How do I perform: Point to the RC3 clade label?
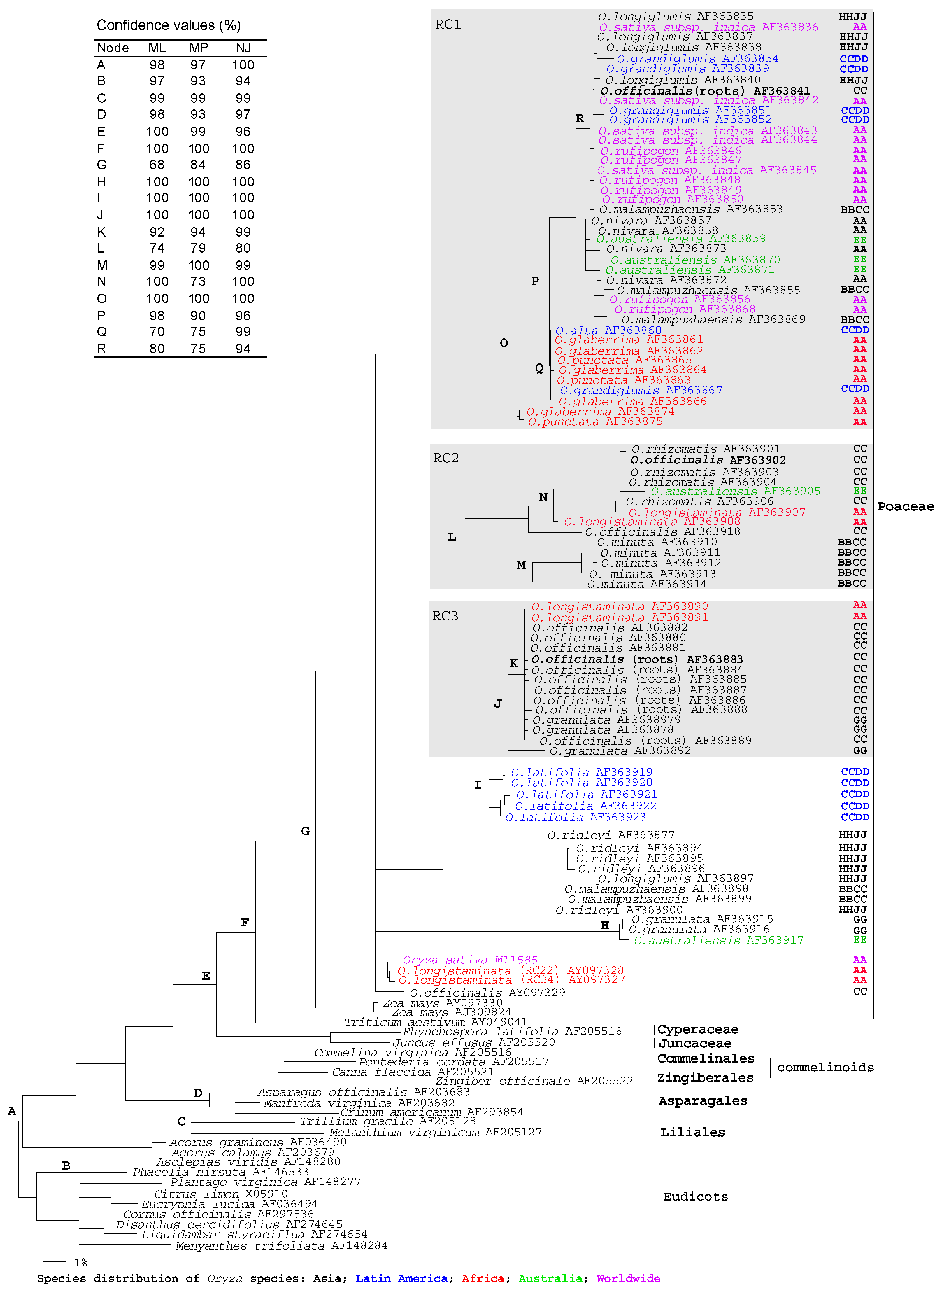click(x=445, y=616)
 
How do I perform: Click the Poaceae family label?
click(x=906, y=506)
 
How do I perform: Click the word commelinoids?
click(x=825, y=1067)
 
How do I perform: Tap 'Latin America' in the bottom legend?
click(x=401, y=1278)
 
